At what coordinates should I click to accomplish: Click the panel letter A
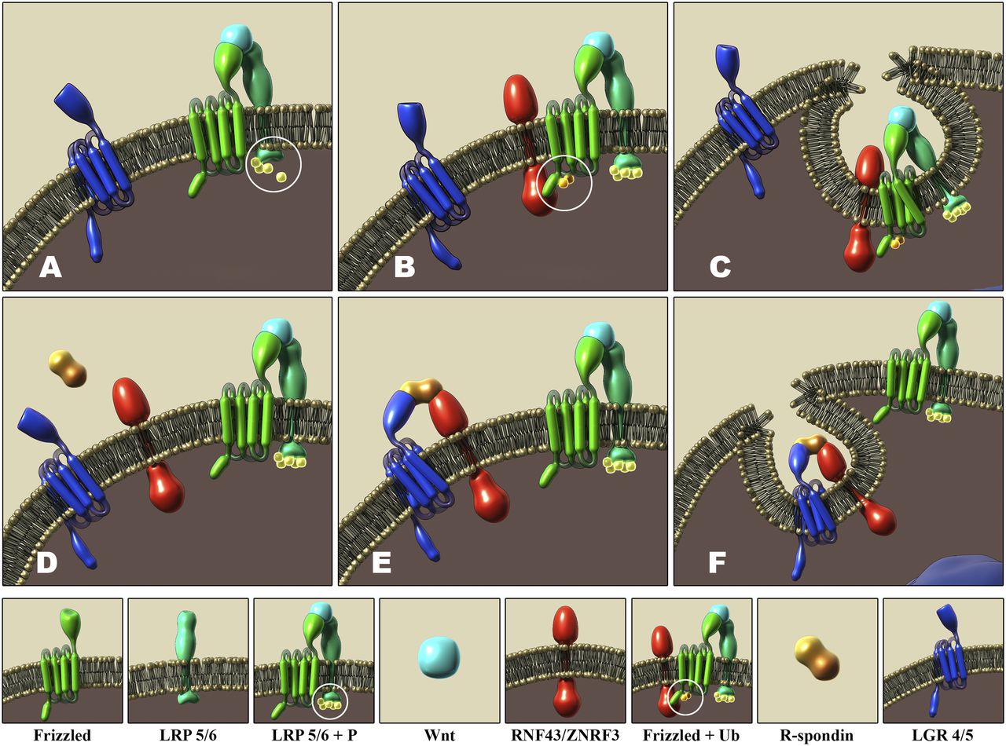[50, 269]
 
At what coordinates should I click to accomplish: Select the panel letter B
[404, 269]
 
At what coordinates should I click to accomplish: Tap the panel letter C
[721, 269]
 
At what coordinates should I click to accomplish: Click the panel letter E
[382, 563]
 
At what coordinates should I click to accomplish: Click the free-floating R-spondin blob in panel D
[66, 369]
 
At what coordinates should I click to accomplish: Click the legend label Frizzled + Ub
[692, 736]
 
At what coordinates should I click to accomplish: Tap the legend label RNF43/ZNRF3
[565, 736]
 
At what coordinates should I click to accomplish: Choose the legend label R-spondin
[817, 736]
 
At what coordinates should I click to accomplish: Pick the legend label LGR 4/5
[943, 736]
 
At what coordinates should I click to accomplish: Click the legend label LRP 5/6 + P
[314, 736]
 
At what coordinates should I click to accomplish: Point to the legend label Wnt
[439, 736]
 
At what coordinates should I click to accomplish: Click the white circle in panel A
[274, 165]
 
